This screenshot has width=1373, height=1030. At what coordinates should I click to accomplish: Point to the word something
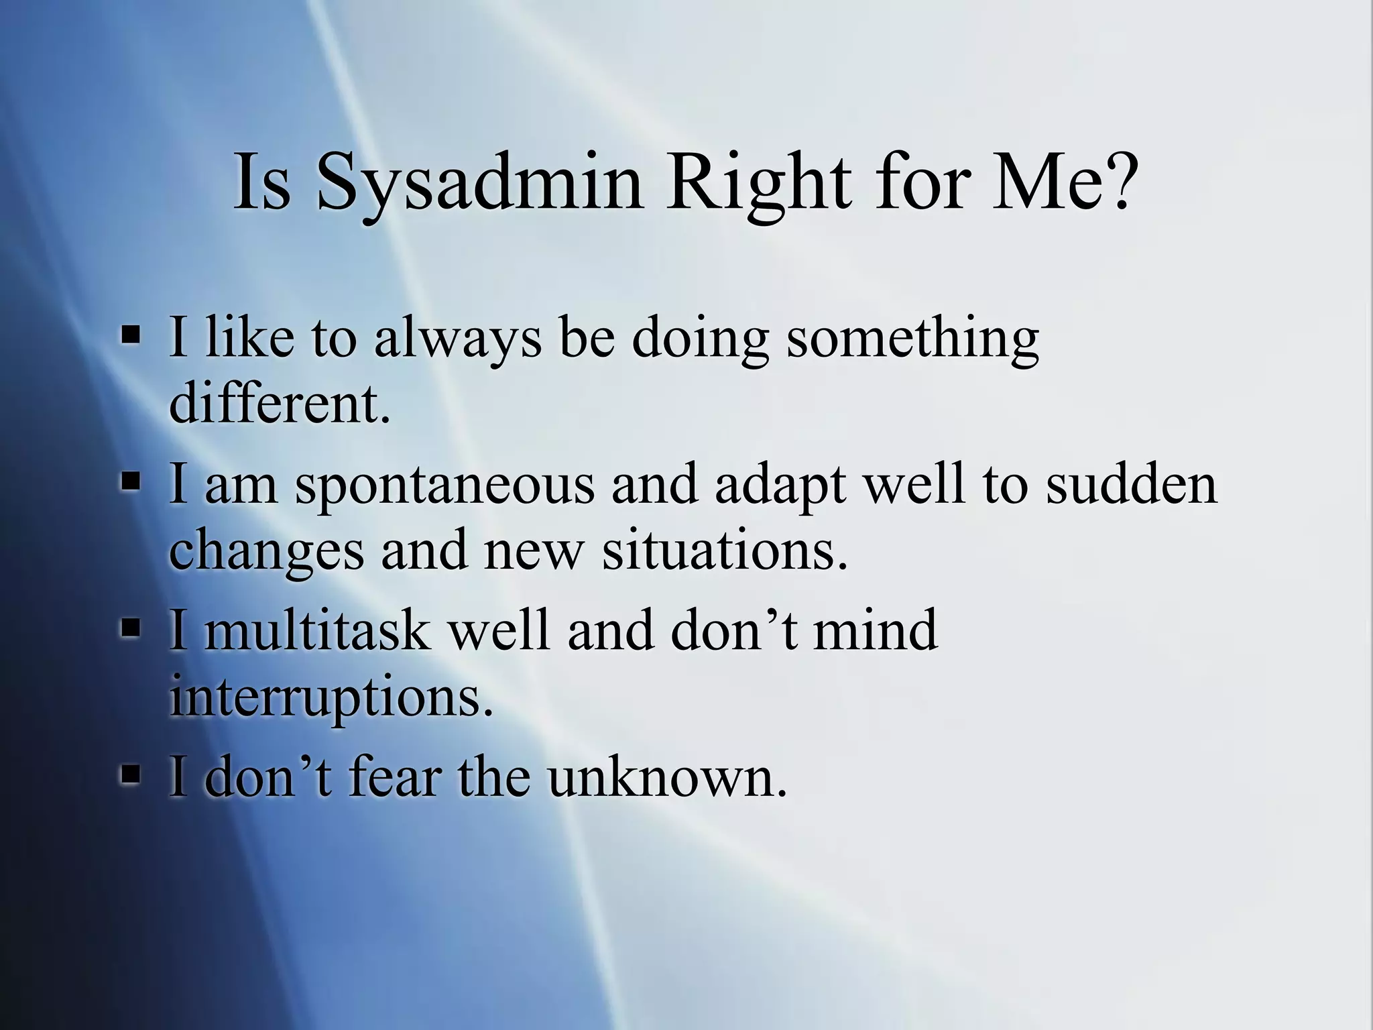(912, 339)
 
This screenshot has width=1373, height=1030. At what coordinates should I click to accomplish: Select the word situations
(724, 551)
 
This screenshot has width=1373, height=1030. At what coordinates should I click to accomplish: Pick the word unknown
(666, 778)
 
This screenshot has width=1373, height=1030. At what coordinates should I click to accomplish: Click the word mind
(875, 630)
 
